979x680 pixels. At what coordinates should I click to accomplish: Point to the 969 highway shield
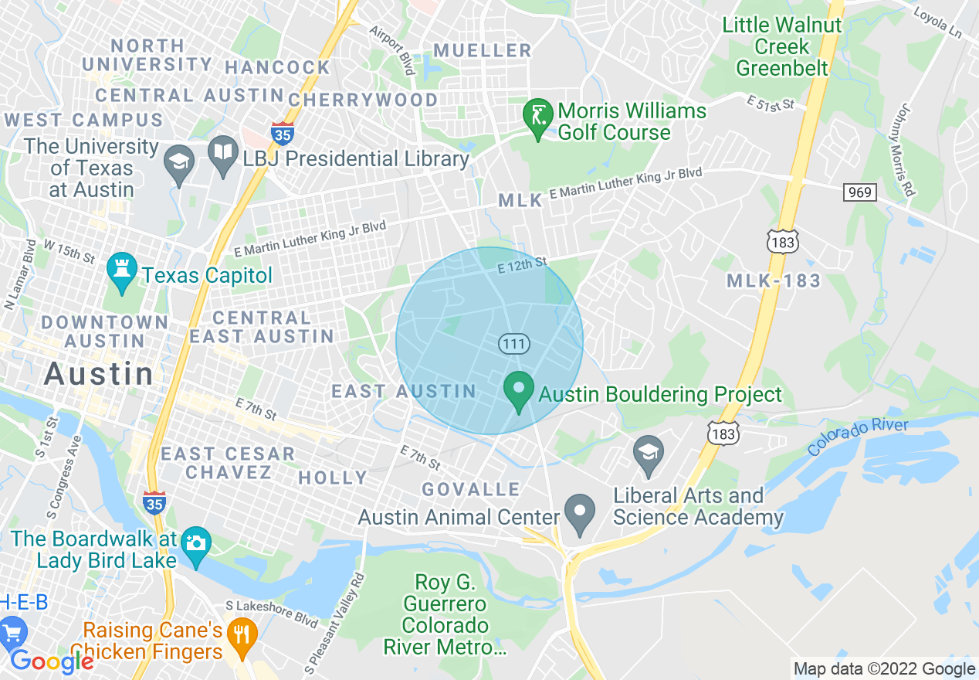(x=859, y=192)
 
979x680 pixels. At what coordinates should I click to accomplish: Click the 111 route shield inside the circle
(x=513, y=344)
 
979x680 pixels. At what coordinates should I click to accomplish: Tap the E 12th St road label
(x=522, y=265)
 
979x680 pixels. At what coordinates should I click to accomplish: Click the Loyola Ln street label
(x=937, y=24)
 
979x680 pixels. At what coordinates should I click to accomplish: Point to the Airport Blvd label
(x=392, y=47)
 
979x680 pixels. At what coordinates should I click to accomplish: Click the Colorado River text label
(x=859, y=437)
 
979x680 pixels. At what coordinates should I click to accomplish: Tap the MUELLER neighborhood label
(x=483, y=51)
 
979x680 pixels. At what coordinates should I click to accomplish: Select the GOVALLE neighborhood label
(x=471, y=489)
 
